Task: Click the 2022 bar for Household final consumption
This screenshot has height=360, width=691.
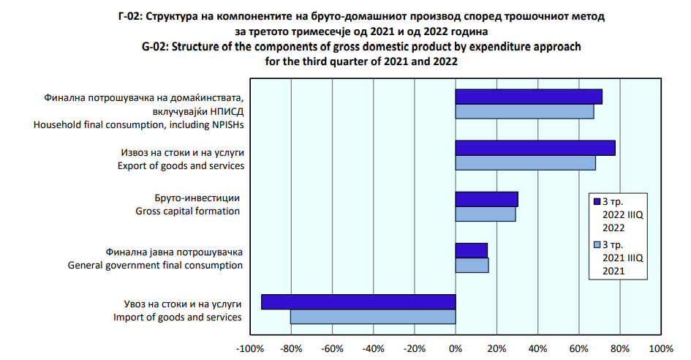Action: click(x=529, y=97)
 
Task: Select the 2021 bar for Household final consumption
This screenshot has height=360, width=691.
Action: click(x=524, y=111)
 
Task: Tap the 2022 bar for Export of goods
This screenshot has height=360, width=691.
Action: click(x=535, y=148)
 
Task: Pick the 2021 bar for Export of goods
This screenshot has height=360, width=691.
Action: click(x=525, y=162)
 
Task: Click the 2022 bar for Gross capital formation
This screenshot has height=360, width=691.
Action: click(x=486, y=199)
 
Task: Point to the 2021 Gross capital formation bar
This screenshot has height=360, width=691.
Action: click(x=485, y=214)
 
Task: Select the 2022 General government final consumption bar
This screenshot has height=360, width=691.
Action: click(x=471, y=250)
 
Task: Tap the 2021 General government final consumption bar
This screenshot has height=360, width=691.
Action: click(x=472, y=265)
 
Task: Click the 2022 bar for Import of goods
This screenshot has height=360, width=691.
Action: click(x=358, y=301)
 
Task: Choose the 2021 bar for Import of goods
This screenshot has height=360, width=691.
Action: click(x=373, y=316)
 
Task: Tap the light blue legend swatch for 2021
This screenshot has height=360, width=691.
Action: click(x=597, y=244)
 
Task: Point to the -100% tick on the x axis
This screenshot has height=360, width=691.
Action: click(x=251, y=348)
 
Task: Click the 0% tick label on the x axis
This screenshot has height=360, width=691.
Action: click(x=456, y=348)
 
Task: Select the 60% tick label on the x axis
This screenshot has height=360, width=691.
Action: click(x=578, y=348)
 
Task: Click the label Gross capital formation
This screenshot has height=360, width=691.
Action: click(x=187, y=211)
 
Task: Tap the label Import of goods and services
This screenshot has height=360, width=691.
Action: click(x=178, y=317)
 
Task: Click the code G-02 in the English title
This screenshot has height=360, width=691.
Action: click(x=158, y=48)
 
